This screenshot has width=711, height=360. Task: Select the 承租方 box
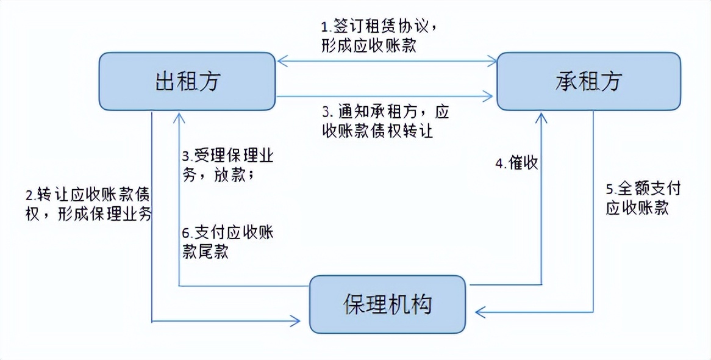(x=588, y=81)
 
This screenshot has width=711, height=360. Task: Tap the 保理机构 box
(x=387, y=304)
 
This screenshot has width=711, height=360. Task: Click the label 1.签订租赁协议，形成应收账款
(x=378, y=37)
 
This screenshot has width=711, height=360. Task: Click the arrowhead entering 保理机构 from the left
(x=297, y=320)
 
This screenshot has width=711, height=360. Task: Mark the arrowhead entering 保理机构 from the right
(x=478, y=312)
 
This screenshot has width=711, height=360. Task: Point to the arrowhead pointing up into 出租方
(x=178, y=116)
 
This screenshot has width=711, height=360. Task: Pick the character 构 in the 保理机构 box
(x=421, y=304)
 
